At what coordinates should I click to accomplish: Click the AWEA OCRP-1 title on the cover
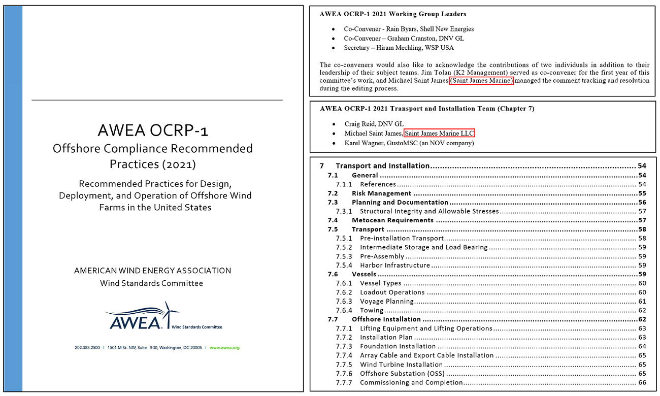[x=153, y=130]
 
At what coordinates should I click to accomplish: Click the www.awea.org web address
[x=224, y=348]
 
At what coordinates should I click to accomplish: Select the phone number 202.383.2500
[x=87, y=348]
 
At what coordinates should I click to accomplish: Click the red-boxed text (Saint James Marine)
[x=481, y=81]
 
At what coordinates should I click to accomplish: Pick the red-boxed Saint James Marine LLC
[x=439, y=134]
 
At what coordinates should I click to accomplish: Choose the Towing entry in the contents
[x=372, y=310]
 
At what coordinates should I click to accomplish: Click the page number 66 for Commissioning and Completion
[x=642, y=382]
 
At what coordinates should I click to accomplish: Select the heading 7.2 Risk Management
[x=381, y=193]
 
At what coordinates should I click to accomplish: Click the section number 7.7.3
[x=344, y=346]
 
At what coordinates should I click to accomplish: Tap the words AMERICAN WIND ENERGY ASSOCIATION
[x=152, y=271]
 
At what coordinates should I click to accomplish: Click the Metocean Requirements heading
[x=392, y=220]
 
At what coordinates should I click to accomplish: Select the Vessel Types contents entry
[x=380, y=283]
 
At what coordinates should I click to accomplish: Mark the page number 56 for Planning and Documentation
[x=642, y=203]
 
